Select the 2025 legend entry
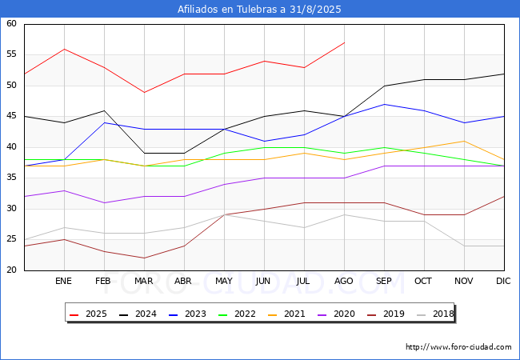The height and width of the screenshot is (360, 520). click(88, 314)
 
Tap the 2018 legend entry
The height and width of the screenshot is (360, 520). click(435, 314)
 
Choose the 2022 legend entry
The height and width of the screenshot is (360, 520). click(237, 314)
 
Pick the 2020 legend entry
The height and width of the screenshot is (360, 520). click(336, 314)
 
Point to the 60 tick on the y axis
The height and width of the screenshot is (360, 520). click(11, 23)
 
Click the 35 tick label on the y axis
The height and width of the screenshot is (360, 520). click(11, 178)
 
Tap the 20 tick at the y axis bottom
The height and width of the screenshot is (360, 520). click(11, 270)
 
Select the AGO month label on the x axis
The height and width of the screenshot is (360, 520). click(343, 281)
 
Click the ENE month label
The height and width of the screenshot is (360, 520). click(63, 281)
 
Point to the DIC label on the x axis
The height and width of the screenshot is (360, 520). click(503, 281)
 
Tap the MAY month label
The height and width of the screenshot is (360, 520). click(223, 281)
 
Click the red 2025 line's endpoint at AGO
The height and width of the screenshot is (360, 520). click(345, 42)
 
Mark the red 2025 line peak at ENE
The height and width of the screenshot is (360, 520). click(64, 49)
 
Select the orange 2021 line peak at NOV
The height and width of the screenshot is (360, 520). click(464, 142)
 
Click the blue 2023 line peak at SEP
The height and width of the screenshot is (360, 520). click(384, 105)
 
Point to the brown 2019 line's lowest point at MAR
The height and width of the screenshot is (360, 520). click(144, 258)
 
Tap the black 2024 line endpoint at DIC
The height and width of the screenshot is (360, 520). click(504, 74)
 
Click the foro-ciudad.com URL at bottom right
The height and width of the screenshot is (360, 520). click(458, 347)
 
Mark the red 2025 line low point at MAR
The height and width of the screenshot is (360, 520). click(144, 92)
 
